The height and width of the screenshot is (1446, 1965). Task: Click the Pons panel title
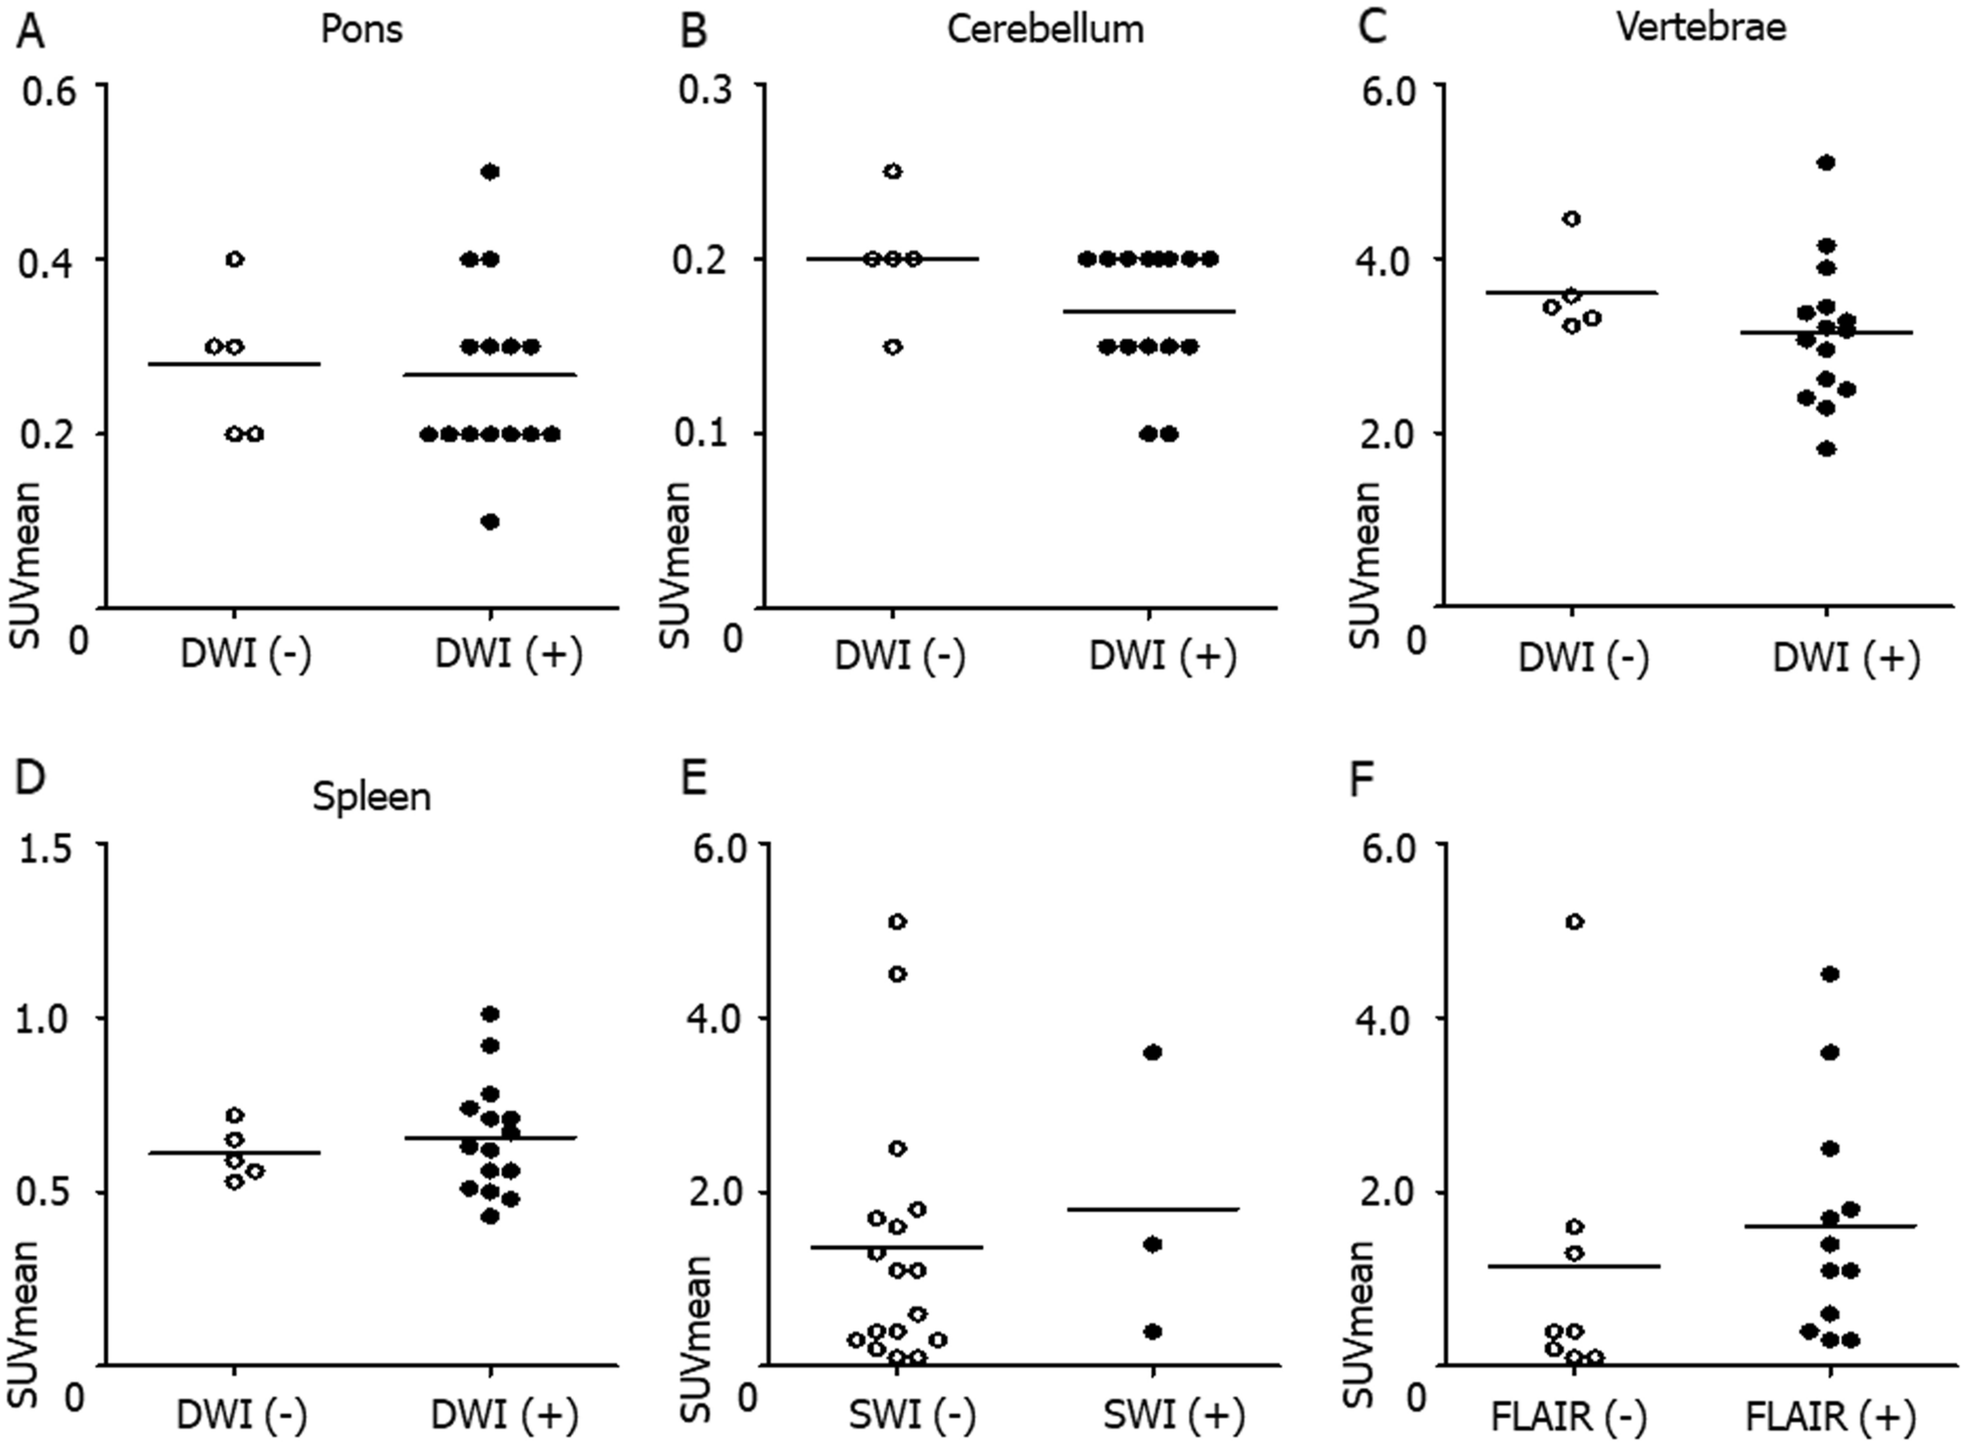[x=361, y=29]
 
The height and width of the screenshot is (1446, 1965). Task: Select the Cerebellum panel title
[x=1045, y=29]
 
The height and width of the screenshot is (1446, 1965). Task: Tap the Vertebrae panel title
[x=1701, y=27]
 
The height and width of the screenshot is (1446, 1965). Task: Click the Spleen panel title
[x=371, y=797]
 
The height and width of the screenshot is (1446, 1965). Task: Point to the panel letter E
[x=693, y=782]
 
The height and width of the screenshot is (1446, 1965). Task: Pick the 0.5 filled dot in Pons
[x=491, y=172]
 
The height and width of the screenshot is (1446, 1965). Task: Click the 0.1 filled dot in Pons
[x=491, y=522]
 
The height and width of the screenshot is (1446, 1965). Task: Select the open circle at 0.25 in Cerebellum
[x=893, y=171]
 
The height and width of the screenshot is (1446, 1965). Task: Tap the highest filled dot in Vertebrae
[x=1825, y=163]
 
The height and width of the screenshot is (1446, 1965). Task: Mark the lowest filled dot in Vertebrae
[x=1825, y=449]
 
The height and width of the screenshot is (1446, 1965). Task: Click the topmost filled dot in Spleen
[x=491, y=1013]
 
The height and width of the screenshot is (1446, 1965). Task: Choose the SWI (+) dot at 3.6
[x=1152, y=1052]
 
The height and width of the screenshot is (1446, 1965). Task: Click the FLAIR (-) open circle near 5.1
[x=1574, y=921]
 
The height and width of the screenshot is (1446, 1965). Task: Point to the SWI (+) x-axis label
[x=1174, y=1416]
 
